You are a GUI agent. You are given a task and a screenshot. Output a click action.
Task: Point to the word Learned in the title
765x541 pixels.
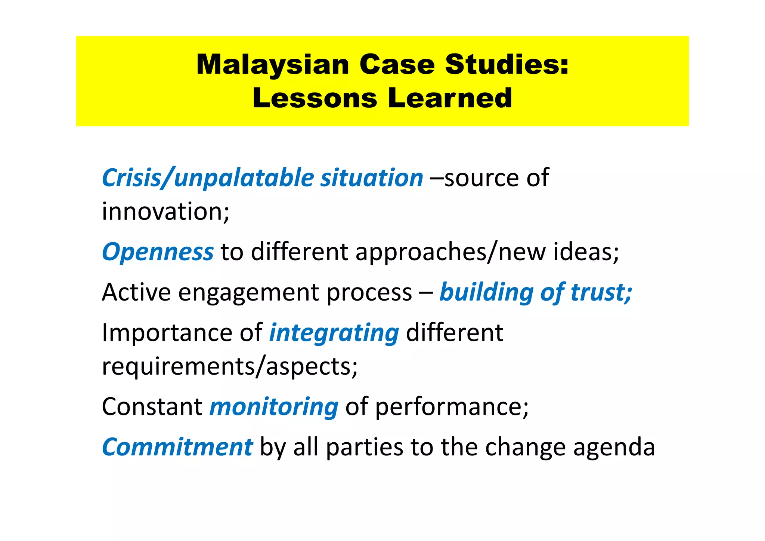point(450,98)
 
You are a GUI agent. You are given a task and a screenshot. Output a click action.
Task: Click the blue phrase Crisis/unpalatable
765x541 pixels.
point(208,178)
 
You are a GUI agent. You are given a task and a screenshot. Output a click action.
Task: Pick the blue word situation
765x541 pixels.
point(372,178)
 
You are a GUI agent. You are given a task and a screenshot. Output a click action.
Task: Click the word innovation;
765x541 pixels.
point(165,212)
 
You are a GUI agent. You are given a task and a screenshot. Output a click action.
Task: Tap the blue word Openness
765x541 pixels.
point(158,252)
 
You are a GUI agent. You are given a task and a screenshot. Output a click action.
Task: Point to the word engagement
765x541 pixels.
point(248,293)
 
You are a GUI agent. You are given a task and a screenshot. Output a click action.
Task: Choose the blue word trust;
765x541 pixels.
point(601,292)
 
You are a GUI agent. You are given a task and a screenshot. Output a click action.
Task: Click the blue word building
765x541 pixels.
point(486,293)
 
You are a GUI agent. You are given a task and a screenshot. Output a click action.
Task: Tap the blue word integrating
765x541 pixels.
point(334,333)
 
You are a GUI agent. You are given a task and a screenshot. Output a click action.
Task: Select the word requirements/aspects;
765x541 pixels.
point(230,367)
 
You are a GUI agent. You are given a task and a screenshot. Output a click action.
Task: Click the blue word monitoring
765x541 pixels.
point(274,407)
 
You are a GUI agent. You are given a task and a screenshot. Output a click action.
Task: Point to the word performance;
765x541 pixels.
point(452,407)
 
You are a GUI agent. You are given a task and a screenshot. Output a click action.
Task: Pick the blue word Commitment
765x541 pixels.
point(177,447)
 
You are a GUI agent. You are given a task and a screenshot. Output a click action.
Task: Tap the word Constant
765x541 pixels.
point(152,407)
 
